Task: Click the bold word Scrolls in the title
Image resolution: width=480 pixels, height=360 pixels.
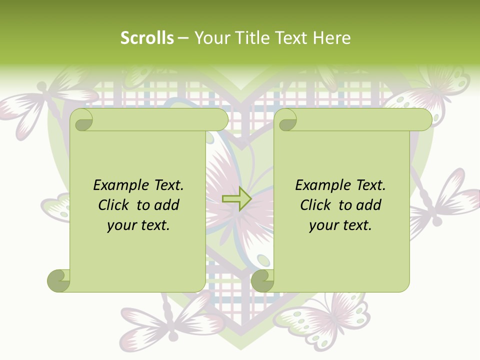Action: [147, 38]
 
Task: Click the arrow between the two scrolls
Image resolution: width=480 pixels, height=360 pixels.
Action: [236, 199]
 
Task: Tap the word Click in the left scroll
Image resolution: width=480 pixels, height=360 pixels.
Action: [115, 205]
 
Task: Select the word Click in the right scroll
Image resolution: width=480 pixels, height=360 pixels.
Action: [317, 205]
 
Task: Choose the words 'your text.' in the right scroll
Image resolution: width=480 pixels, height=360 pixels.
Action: [340, 225]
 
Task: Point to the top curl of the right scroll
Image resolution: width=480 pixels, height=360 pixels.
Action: [286, 120]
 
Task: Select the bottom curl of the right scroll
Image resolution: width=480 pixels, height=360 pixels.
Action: [262, 280]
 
